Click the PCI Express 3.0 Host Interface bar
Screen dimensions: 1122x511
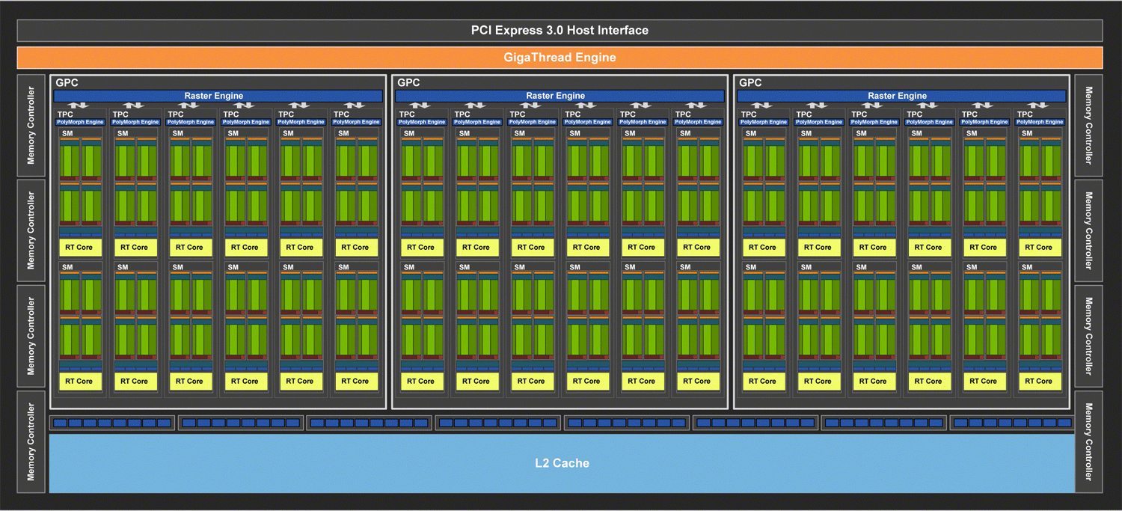560,31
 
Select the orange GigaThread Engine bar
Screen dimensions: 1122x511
560,58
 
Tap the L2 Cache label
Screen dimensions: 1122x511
562,463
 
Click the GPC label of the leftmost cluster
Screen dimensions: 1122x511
67,82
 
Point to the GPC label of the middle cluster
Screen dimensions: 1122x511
408,82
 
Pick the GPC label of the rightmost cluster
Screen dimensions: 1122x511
750,82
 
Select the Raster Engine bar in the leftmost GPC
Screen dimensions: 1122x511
218,96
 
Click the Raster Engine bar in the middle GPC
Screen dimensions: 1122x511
560,96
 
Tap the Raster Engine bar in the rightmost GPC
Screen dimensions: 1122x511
901,96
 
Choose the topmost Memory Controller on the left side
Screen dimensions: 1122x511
31,125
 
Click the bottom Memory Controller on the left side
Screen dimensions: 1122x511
31,442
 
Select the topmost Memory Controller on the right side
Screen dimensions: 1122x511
1088,125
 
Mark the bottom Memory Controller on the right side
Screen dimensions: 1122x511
1088,442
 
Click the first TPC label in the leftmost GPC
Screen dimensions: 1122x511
65,114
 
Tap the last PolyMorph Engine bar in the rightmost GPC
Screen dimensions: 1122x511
1040,122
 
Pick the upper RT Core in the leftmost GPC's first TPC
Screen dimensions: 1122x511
80,248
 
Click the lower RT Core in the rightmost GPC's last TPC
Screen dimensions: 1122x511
1040,382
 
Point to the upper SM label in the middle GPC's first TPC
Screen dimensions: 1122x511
409,133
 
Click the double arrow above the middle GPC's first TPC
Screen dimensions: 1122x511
420,105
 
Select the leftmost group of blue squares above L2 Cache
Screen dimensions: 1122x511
112,423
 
